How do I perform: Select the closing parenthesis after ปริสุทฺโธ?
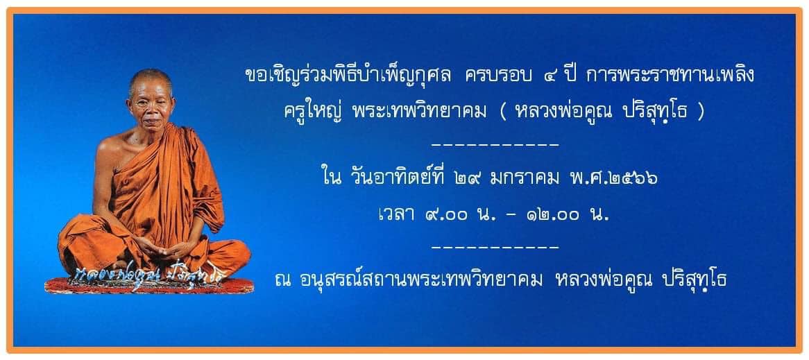tap(700, 112)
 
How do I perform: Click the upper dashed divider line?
tap(495, 145)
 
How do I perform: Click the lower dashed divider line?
tap(495, 247)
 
